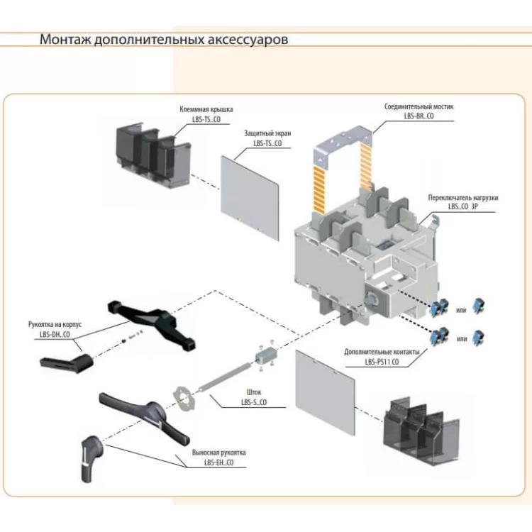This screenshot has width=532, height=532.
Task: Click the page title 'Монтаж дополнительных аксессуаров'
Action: (164, 39)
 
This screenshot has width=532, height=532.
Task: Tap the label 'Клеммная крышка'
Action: (206, 110)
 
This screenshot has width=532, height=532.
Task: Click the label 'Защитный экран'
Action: (267, 133)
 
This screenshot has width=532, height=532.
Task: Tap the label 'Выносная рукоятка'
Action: (218, 452)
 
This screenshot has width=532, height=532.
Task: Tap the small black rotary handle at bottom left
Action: (93, 453)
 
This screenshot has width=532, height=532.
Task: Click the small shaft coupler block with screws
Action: (266, 353)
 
